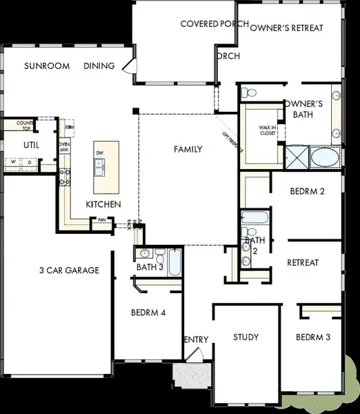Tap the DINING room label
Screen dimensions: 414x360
coord(99,66)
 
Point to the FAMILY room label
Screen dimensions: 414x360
coord(188,148)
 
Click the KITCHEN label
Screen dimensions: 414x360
coord(103,204)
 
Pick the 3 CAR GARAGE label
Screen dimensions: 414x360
coord(69,270)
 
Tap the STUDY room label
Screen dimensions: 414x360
coord(246,337)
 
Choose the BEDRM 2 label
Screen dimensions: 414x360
coord(307,191)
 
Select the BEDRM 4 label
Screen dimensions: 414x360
coord(148,313)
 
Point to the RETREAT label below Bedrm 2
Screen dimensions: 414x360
coord(303,262)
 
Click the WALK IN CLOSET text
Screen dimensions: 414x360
coord(268,130)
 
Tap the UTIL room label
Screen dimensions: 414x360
coord(31,145)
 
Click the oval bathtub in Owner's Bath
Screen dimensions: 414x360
coord(324,158)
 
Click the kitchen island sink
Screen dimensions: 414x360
coord(101,165)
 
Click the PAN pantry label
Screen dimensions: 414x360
coord(101,220)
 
